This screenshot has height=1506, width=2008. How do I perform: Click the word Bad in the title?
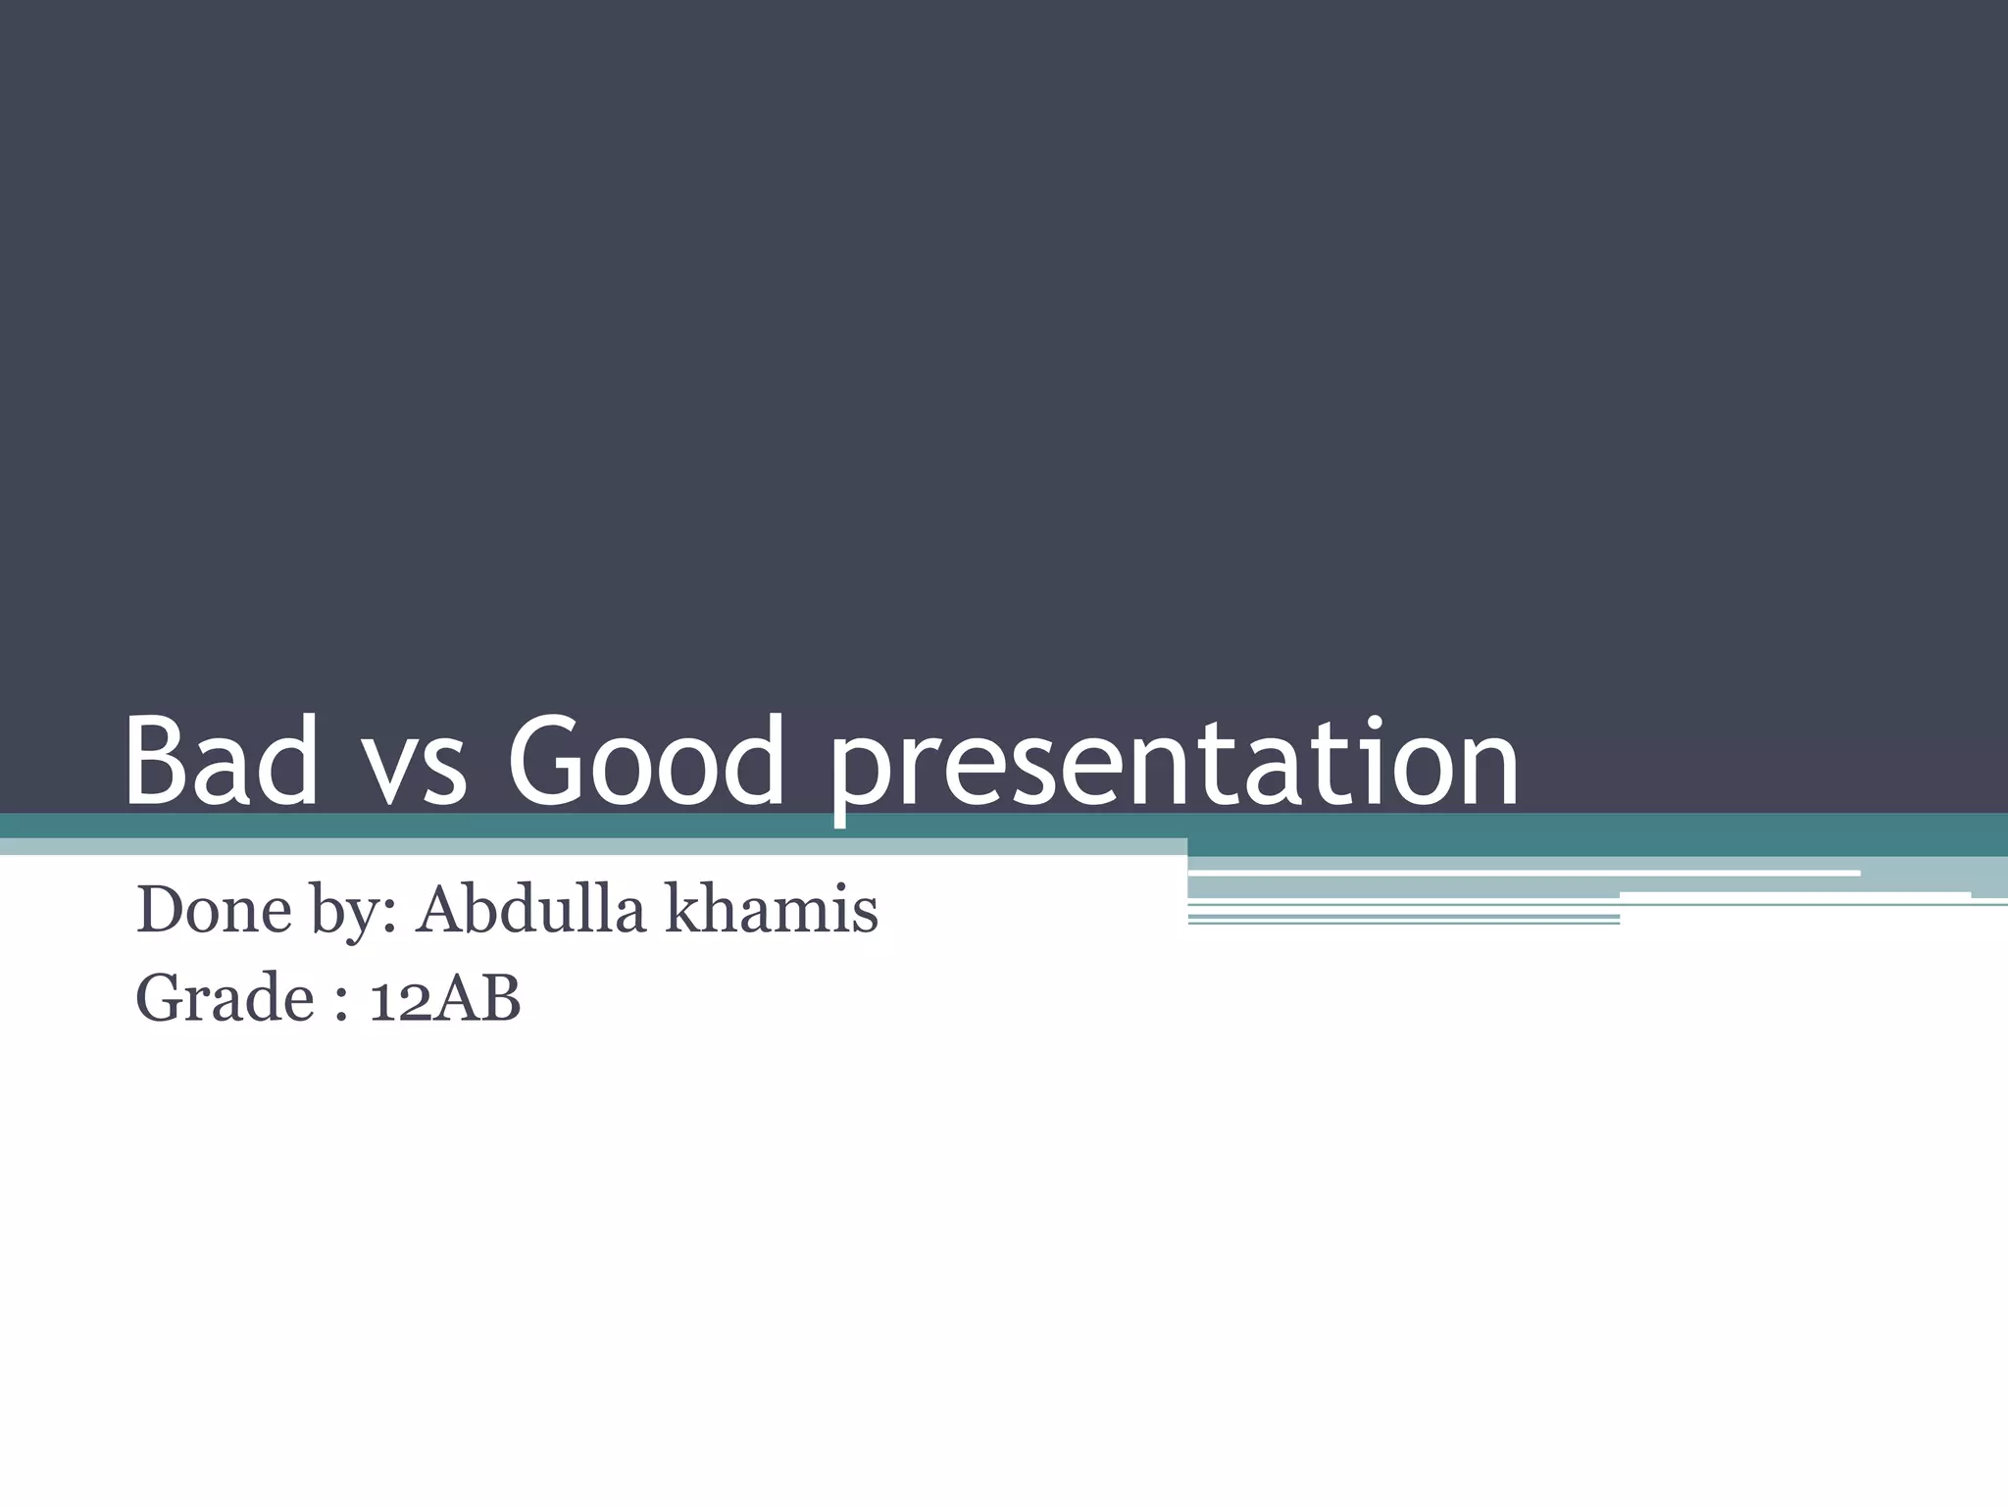pos(222,762)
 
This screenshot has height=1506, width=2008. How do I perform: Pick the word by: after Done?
pos(353,912)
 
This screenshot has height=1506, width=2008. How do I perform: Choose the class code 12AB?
pos(444,999)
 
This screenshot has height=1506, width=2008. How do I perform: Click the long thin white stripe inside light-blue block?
pos(1525,873)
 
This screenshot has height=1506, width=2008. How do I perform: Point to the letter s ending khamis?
pos(865,915)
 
